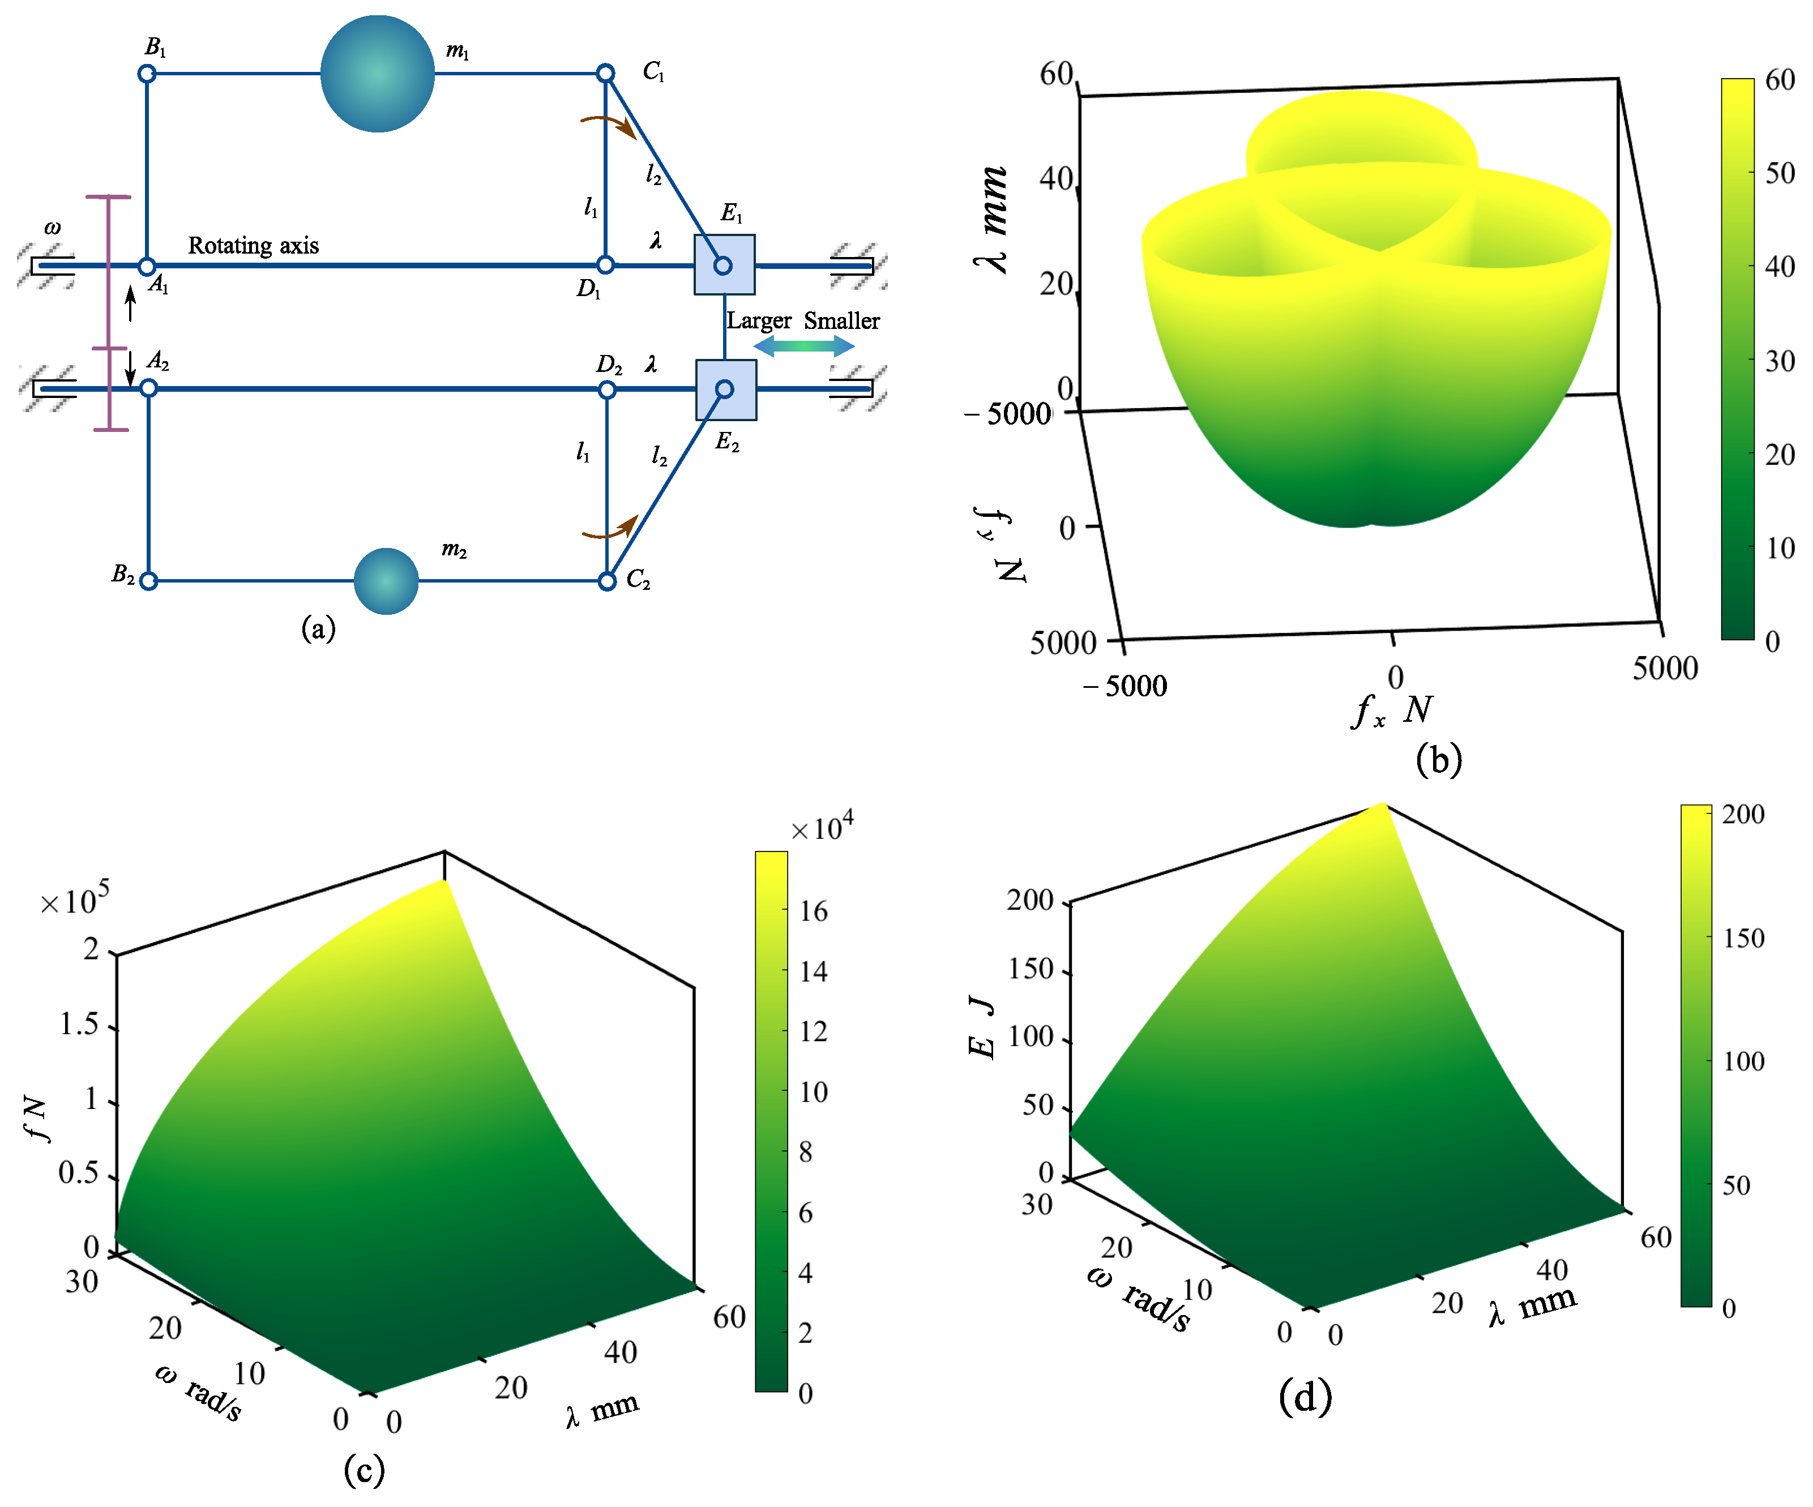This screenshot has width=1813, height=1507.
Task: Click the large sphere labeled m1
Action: point(377,74)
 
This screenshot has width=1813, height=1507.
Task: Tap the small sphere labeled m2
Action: point(386,581)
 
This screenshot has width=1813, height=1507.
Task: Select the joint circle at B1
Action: point(147,74)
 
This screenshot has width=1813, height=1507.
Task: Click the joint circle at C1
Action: point(606,74)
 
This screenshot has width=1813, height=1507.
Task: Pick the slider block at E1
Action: point(724,265)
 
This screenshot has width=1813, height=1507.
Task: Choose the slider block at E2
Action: point(725,389)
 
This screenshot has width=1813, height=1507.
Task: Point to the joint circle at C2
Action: point(607,581)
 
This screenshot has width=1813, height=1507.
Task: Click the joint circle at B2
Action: point(148,581)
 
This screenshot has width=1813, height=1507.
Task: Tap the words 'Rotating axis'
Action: point(253,246)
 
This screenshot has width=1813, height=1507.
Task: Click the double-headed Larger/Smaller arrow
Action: point(804,346)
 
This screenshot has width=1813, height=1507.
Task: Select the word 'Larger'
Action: point(758,321)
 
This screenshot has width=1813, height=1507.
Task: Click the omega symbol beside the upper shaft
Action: point(53,229)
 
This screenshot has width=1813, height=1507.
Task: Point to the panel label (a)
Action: point(318,628)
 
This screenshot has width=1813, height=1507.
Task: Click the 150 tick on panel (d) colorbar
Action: point(1743,938)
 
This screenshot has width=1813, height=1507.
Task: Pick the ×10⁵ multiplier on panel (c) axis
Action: point(76,900)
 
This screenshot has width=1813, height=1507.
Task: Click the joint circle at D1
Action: point(605,265)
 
